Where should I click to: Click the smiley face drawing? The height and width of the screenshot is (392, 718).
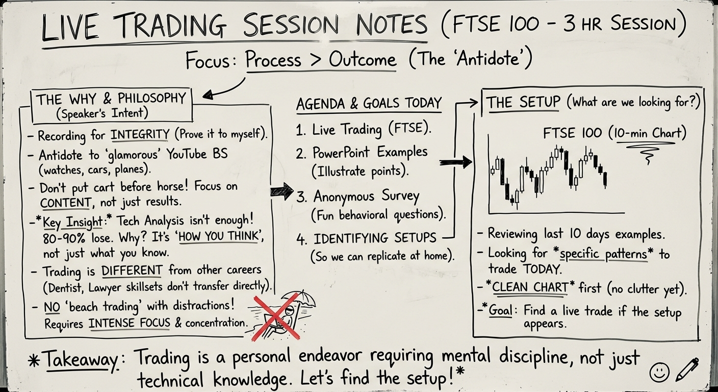659,372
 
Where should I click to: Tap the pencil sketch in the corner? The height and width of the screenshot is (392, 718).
687,370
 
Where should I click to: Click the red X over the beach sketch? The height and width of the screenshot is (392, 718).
277,317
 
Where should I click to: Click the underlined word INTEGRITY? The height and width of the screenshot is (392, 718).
140,134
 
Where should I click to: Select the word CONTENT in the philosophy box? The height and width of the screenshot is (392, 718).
65,203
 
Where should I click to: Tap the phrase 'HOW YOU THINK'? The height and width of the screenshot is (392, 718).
219,237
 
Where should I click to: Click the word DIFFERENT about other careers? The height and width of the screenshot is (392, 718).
132,271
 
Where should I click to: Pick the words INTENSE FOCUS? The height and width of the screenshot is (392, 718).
130,323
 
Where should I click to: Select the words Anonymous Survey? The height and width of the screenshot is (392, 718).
366,197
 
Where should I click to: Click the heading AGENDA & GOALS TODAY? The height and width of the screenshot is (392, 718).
369,104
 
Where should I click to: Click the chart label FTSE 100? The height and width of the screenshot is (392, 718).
573,133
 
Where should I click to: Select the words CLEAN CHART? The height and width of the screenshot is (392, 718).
530,287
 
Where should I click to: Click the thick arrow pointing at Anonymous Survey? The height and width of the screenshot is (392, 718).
282,191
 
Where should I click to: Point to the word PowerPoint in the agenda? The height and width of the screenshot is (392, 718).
341,152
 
